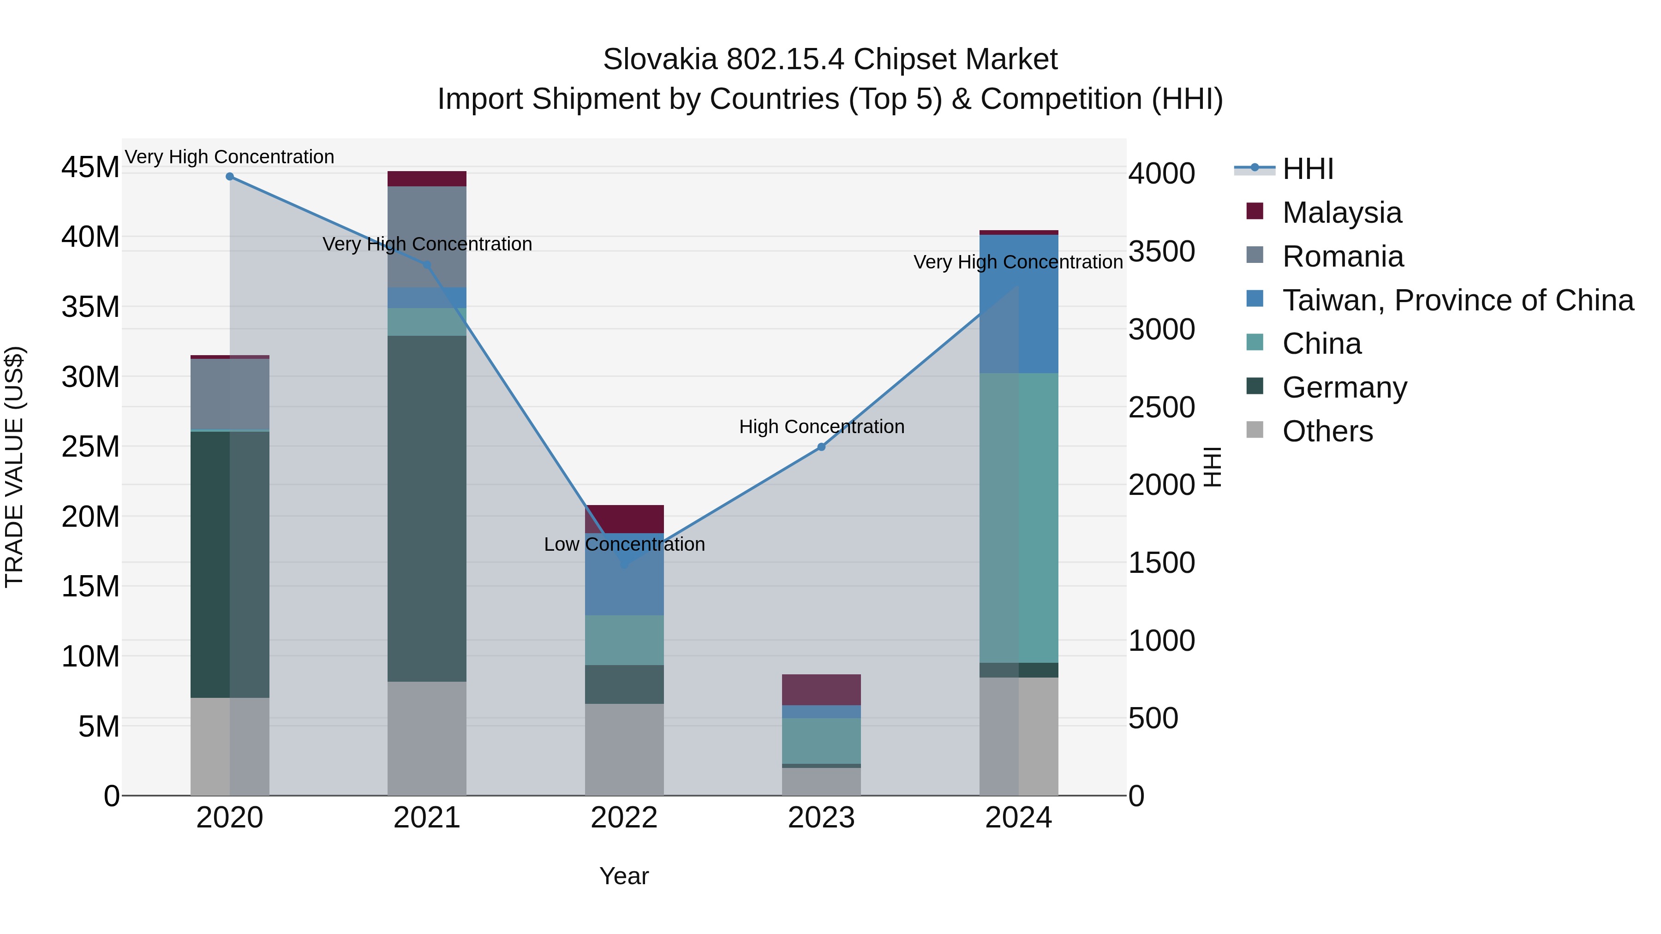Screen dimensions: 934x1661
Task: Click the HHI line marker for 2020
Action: (x=230, y=177)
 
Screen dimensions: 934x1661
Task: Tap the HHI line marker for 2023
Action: (x=821, y=446)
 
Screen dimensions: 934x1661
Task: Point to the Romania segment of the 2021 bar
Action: (x=427, y=237)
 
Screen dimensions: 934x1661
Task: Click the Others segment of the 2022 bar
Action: (x=624, y=749)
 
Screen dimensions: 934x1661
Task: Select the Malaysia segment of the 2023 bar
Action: (x=821, y=689)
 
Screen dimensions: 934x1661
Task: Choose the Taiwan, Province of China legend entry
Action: (x=1457, y=300)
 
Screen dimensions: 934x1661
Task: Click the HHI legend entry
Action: (x=1307, y=169)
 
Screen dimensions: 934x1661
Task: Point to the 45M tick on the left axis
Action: (x=90, y=167)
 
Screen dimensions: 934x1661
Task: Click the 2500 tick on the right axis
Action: (x=1161, y=407)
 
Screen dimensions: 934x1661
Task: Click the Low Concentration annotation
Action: (x=624, y=544)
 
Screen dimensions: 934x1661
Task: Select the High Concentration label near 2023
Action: (x=821, y=427)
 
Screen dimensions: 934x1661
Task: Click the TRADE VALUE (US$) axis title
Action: (x=14, y=467)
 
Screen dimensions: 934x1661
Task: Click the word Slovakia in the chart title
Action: (x=659, y=59)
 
